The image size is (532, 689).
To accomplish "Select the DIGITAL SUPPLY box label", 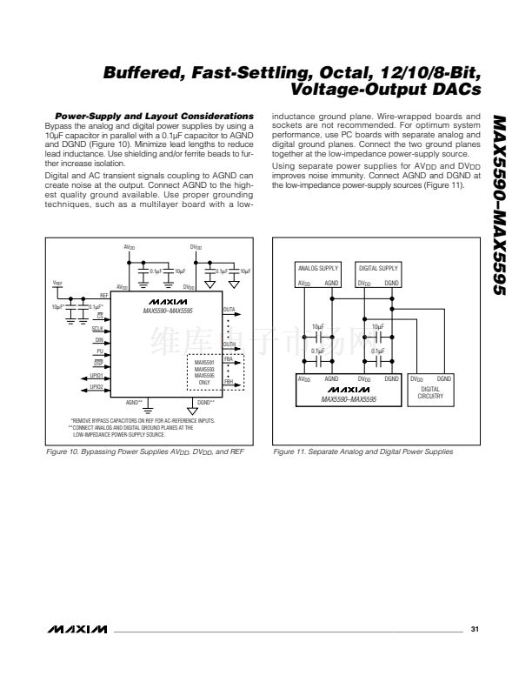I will (x=378, y=268).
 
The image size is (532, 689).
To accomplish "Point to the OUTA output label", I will (x=229, y=309).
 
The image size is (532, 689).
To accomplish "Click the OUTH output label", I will (x=229, y=344).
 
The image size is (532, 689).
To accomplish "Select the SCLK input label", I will (x=97, y=330).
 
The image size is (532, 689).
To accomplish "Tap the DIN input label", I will (x=99, y=341).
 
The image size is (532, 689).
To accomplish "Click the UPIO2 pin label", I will (x=96, y=386).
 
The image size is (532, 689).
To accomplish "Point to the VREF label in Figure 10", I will (x=57, y=283).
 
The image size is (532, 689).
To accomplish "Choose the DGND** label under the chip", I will (x=205, y=402).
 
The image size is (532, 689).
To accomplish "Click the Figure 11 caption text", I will (x=362, y=452).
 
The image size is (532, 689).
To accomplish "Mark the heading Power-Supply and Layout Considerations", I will (x=154, y=116).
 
